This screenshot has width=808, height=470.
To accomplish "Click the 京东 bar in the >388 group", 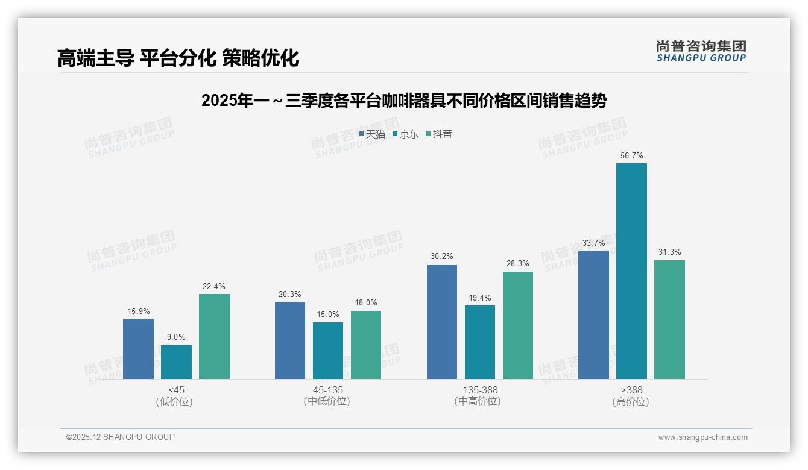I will pos(631,271).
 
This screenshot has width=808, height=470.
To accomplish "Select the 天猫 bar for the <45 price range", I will pos(138,349).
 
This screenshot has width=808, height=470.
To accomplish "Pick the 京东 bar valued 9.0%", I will pos(176,362).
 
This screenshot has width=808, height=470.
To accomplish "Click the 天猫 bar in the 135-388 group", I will pos(441,322).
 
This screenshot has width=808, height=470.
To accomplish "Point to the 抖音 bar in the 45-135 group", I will pos(366,345).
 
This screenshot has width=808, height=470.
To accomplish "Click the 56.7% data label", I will pos(631,155).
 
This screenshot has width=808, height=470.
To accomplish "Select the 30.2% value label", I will pos(441,256).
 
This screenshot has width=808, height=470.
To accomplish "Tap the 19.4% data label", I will pos(479,298).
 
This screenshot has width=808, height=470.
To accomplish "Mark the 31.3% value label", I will pos(669,252).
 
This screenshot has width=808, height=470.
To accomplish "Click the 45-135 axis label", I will pos(327,390).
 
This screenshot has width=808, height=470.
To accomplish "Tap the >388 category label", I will pos(631,390).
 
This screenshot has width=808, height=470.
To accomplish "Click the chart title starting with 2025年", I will pos(403,101).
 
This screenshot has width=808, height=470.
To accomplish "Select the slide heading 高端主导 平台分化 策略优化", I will pos(178,58).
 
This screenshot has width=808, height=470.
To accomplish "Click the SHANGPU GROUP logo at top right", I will pos(701,51).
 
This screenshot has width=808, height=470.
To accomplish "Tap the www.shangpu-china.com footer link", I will pos(702,437).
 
